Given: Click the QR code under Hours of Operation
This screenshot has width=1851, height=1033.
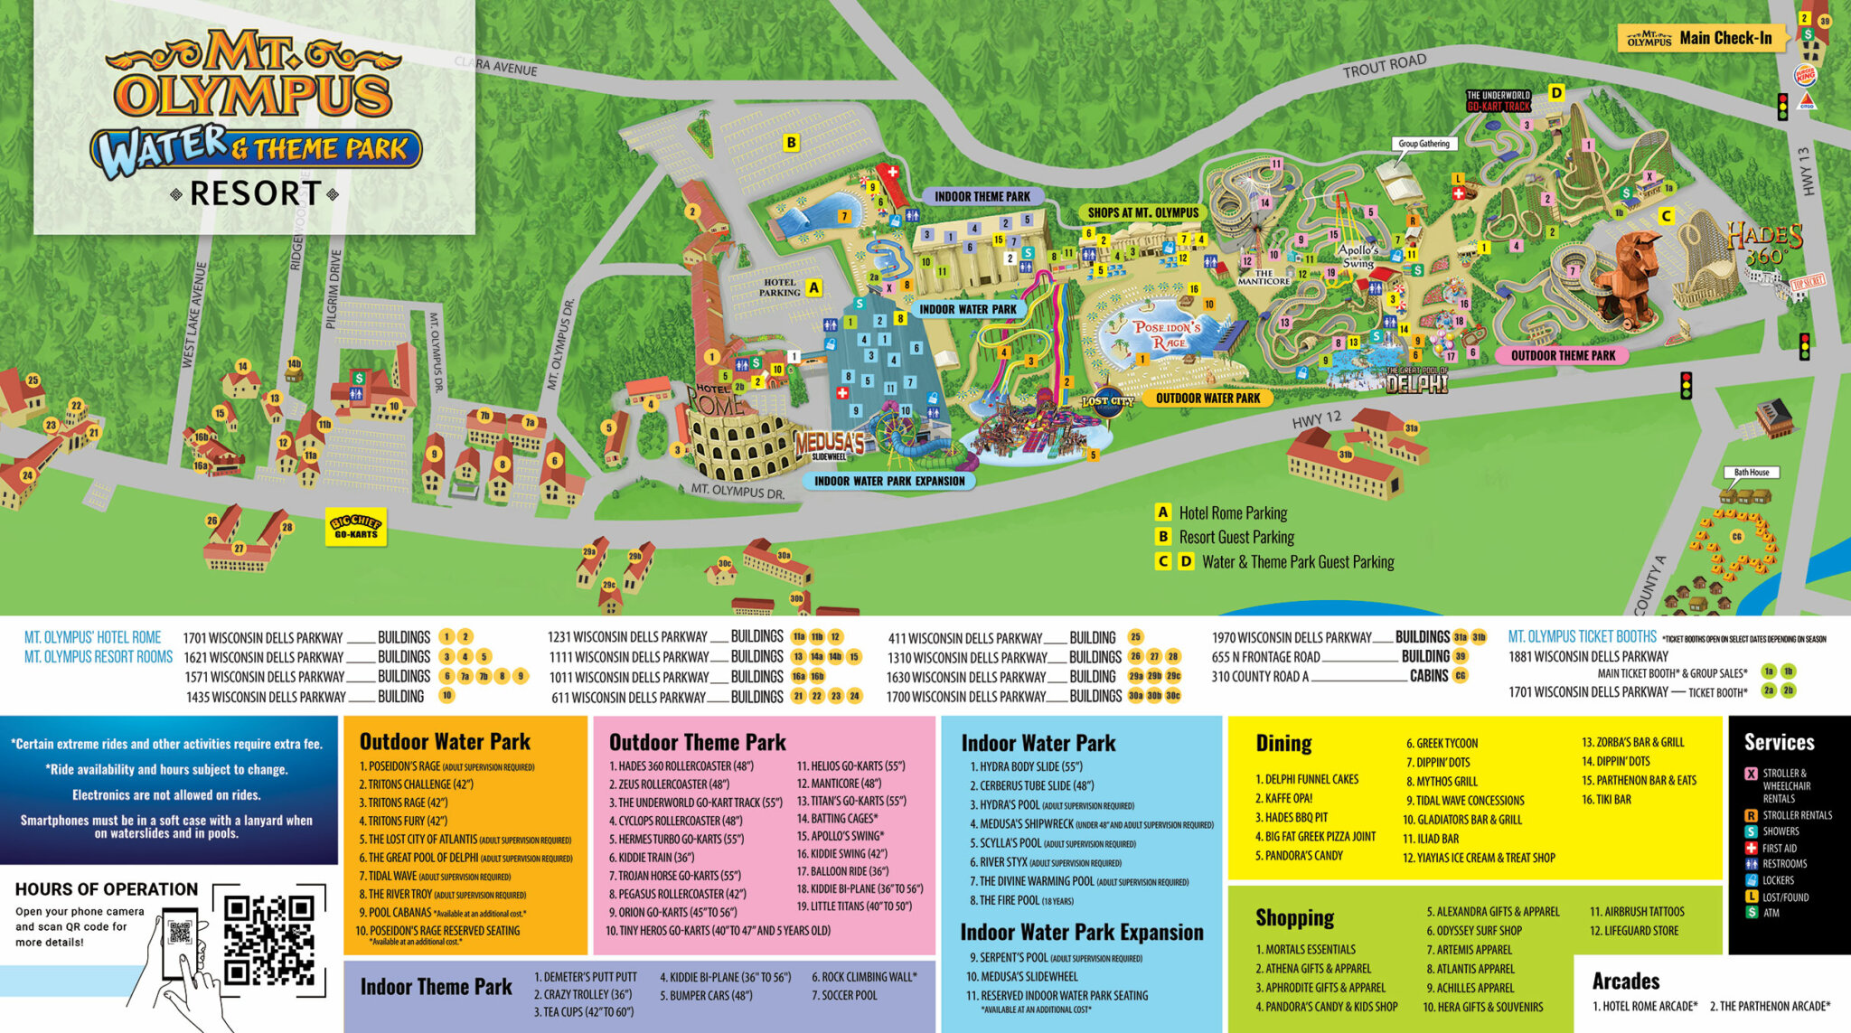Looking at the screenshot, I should point(268,940).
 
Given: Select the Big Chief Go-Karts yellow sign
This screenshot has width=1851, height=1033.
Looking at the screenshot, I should point(356,528).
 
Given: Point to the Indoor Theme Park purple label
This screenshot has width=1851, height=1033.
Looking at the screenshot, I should point(982,196).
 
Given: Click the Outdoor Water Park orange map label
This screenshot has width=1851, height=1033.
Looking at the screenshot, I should point(1207,398).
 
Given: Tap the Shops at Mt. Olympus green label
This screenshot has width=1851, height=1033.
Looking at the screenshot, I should point(1142,212).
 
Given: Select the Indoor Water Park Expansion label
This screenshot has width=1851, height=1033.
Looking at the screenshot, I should point(889,481).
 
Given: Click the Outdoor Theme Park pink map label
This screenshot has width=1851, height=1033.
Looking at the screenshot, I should point(1563,355).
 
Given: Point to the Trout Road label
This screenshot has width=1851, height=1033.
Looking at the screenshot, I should point(1384,65).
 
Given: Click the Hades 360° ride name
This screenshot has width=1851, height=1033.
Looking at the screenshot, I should point(1764,244).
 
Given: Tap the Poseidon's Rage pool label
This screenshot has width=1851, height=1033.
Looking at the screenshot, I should point(1167,333).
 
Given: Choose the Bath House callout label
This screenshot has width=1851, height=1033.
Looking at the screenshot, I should point(1751,472).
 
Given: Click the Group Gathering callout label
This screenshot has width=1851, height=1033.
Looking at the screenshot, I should point(1423,144).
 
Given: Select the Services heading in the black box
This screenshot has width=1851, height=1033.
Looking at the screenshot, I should point(1779,742).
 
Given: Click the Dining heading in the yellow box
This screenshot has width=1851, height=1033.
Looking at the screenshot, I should point(1283,743).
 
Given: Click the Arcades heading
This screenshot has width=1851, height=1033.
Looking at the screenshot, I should point(1625,981).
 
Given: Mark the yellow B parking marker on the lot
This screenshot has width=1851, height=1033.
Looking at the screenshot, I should point(791,142).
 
